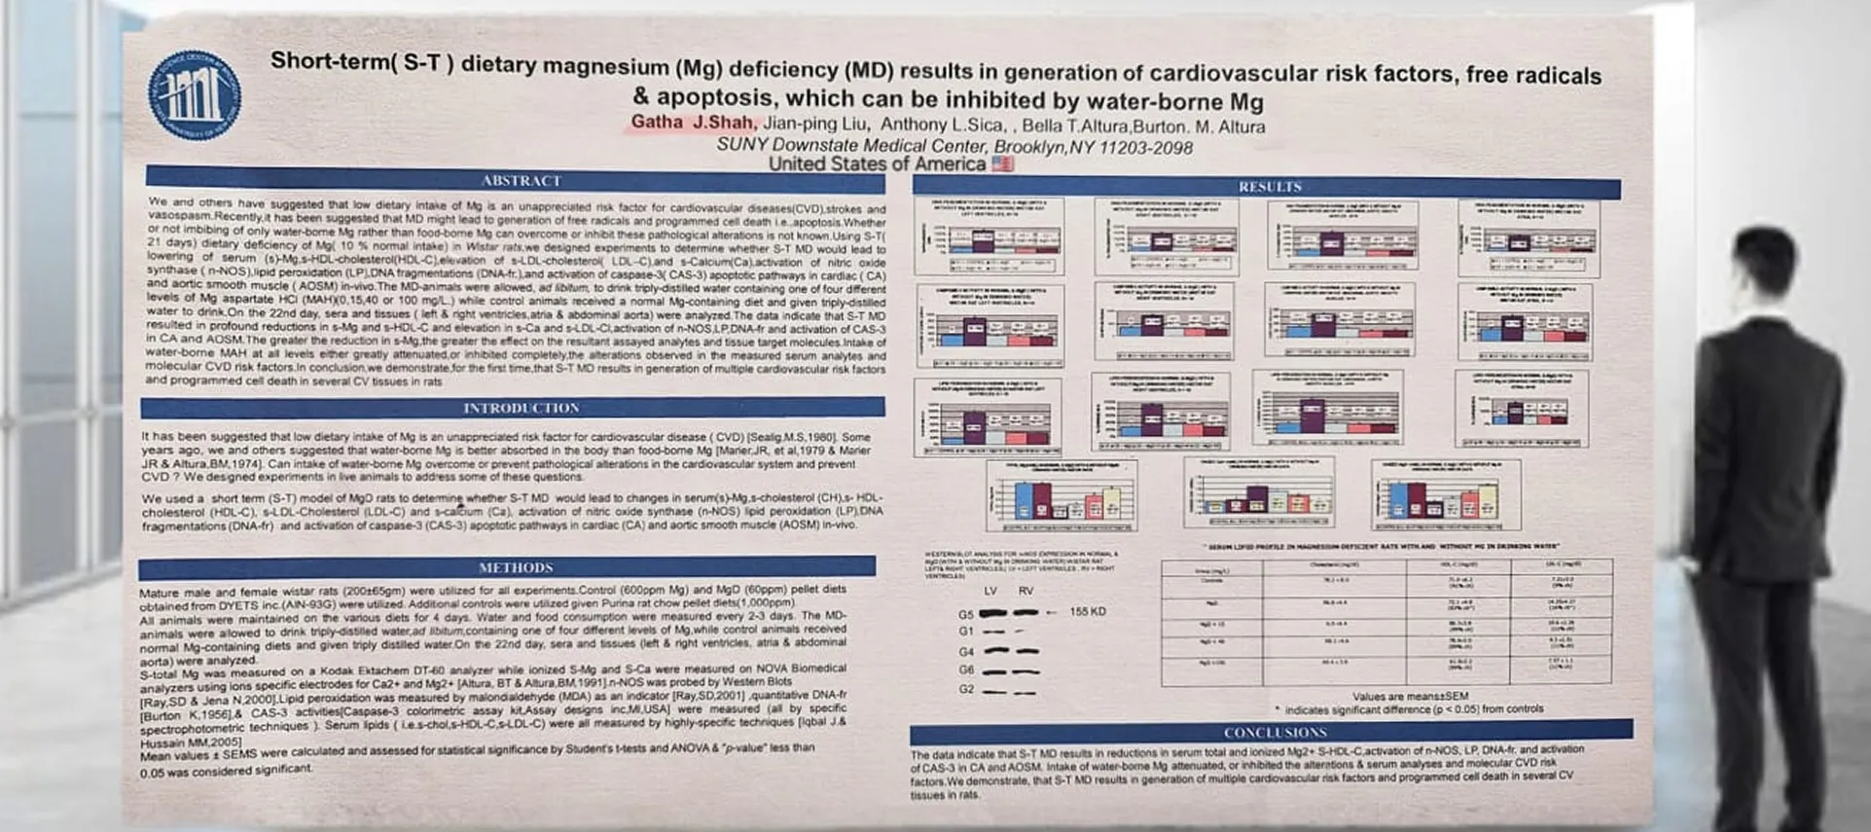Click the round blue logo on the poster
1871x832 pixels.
point(194,95)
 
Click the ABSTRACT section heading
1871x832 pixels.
point(521,181)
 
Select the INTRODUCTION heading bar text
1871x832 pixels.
point(521,408)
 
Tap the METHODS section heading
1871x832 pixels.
point(515,567)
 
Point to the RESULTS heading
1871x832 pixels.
point(1269,187)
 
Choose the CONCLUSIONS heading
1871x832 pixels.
point(1275,732)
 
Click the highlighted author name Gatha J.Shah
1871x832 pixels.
point(692,123)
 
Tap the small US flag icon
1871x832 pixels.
point(1002,163)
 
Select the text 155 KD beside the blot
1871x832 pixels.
point(1088,612)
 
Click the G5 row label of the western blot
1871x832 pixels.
point(965,615)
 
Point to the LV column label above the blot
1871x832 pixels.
point(990,591)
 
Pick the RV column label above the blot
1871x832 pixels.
point(1025,591)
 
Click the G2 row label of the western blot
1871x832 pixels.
point(965,689)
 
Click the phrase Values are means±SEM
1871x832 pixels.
point(1410,697)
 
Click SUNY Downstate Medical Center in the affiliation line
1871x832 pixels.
point(851,145)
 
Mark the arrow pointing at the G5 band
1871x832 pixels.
point(1051,613)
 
